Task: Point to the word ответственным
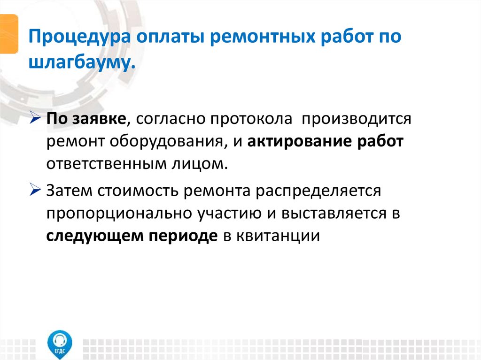pyautogui.click(x=105, y=164)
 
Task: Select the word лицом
pyautogui.click(x=198, y=164)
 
